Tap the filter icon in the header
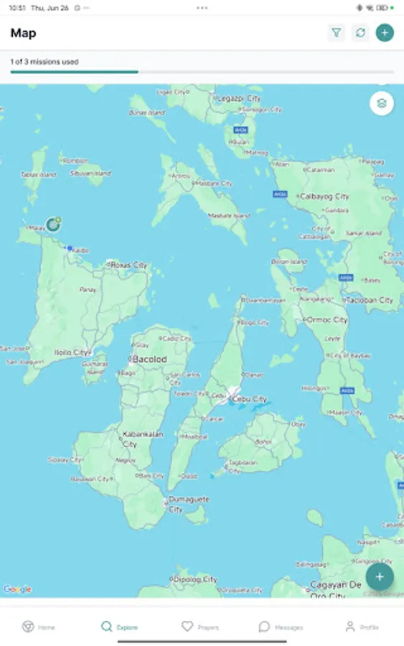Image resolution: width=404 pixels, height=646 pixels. (x=336, y=32)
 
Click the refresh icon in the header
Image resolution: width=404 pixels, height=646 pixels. (x=360, y=32)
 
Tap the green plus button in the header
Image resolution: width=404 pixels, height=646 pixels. (x=385, y=32)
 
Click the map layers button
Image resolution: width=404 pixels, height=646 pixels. (x=382, y=103)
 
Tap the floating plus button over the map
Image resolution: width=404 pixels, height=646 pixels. (x=379, y=576)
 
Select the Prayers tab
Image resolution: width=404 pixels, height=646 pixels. (x=200, y=627)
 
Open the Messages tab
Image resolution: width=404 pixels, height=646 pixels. (x=281, y=627)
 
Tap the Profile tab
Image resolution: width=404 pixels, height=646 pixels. (x=362, y=627)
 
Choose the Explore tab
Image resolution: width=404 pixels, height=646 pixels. (x=119, y=627)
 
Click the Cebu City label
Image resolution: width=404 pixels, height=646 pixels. (x=250, y=399)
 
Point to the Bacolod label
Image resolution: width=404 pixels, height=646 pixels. (x=150, y=359)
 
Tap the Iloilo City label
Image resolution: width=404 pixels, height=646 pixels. (x=71, y=352)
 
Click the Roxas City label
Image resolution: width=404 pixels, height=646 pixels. (x=129, y=265)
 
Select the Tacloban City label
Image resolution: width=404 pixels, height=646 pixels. (x=370, y=300)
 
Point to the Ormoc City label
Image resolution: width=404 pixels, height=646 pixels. (x=329, y=319)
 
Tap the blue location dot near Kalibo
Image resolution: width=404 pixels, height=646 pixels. (x=70, y=248)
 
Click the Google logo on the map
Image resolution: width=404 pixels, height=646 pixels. (x=17, y=589)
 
